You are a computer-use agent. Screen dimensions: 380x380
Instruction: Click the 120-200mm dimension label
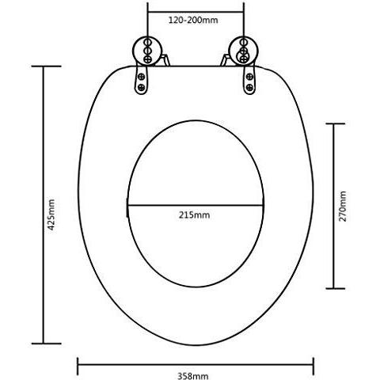coord(193,20)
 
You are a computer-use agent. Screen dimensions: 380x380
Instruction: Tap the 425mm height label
coord(51,215)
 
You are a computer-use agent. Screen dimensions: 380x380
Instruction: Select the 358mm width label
coord(193,376)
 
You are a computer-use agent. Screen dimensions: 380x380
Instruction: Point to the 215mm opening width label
coord(195,215)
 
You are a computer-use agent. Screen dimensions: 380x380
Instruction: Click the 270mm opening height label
coord(343,206)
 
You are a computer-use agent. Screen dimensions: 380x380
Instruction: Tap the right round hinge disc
coord(244,51)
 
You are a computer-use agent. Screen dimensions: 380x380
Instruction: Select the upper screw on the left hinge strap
coord(142,77)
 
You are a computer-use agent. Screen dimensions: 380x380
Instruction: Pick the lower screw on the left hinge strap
coord(142,87)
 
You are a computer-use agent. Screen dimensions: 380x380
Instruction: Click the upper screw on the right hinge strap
coord(249,77)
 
